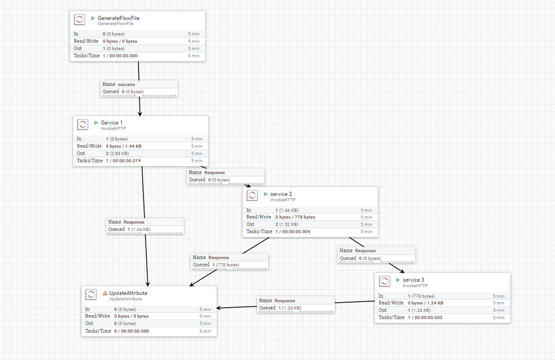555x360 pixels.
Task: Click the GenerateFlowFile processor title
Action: coord(118,18)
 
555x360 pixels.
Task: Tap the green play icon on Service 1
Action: coord(96,122)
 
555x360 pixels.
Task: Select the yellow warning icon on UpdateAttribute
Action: coord(105,293)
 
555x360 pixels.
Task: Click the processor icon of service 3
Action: coord(385,281)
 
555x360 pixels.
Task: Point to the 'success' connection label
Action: coord(126,85)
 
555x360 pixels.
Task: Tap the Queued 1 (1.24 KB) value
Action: coord(289,308)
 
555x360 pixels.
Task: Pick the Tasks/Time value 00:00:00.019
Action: coord(123,161)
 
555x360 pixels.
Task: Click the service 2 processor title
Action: coord(281,194)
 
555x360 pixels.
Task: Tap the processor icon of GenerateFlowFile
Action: coord(80,19)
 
